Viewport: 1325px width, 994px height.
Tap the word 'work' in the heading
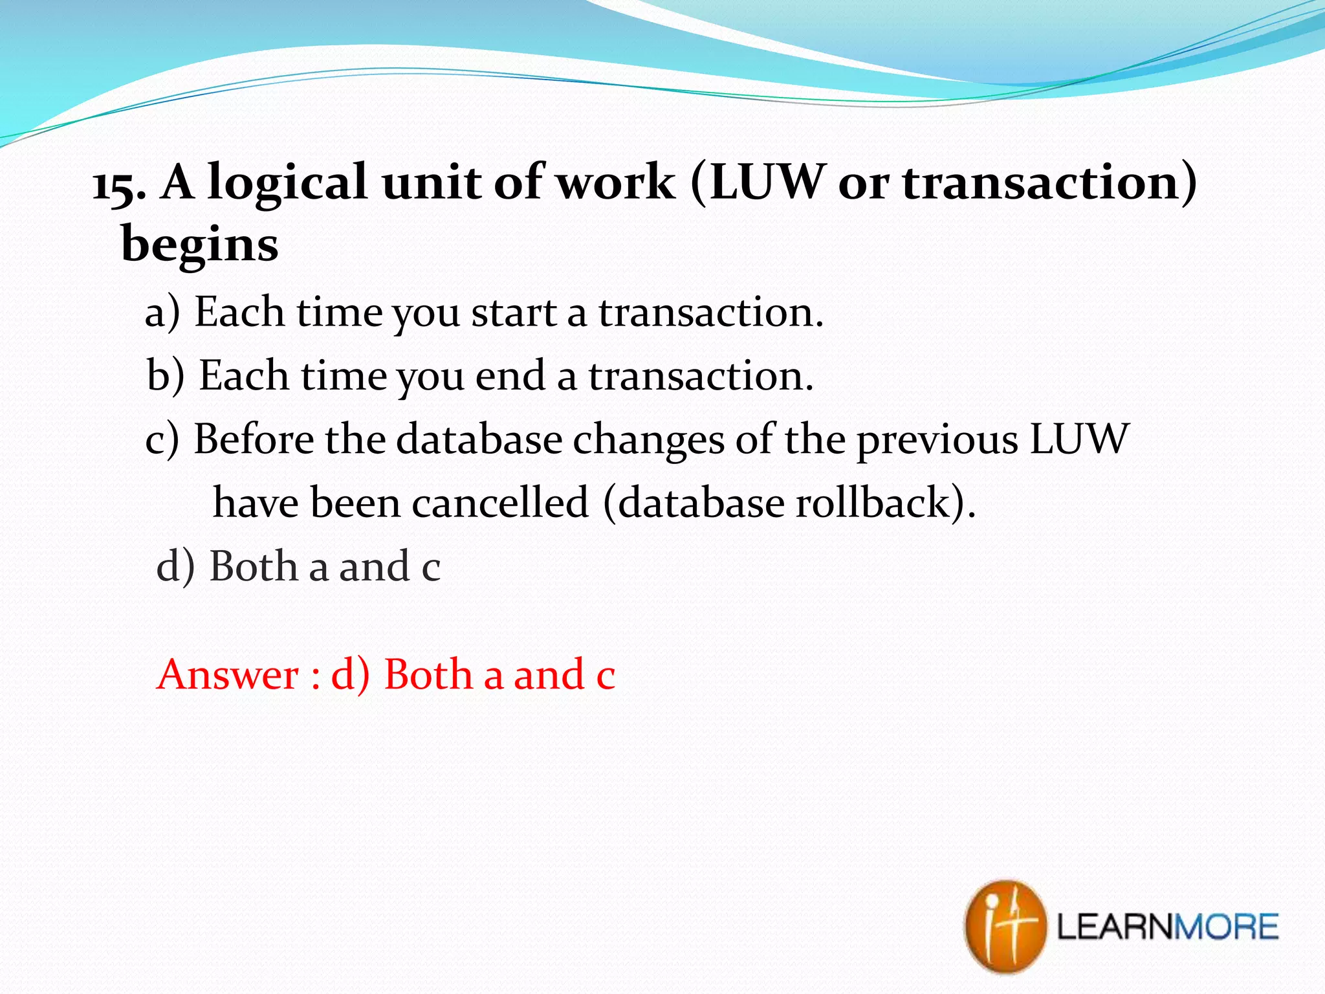[x=617, y=184]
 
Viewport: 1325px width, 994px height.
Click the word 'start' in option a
[x=514, y=313]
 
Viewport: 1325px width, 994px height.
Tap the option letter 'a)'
[x=162, y=313]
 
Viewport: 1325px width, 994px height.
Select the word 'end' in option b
[x=510, y=377]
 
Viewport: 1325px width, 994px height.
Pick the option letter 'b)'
[x=166, y=377]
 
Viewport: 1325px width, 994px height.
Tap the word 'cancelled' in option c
[x=501, y=503]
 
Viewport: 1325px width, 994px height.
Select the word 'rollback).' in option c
[x=885, y=503]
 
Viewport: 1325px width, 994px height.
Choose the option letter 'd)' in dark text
[x=175, y=567]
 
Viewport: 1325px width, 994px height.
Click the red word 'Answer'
[x=228, y=675]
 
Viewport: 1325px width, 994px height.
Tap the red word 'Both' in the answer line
[x=428, y=675]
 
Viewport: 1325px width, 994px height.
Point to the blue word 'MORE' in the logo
[x=1225, y=927]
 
